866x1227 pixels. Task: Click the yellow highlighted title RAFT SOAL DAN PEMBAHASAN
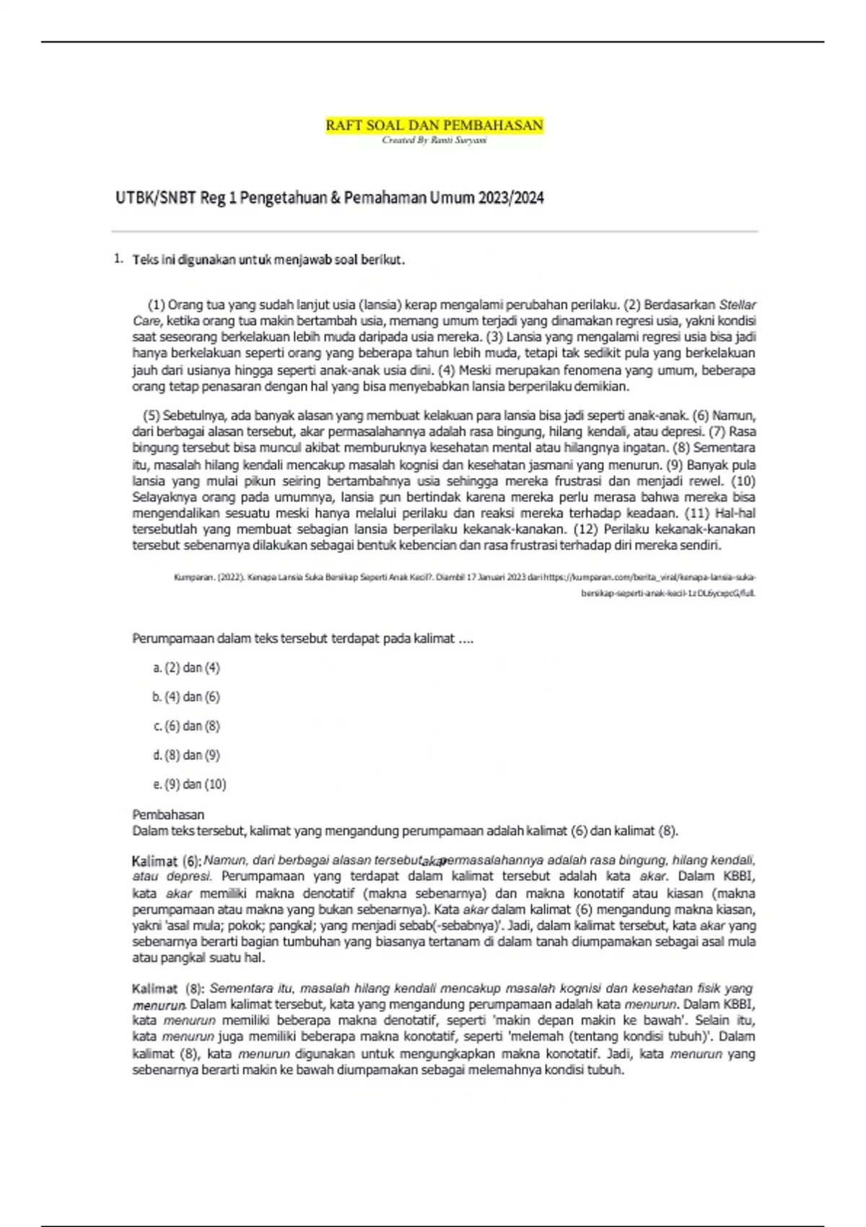click(434, 126)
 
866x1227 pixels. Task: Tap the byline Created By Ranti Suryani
click(434, 140)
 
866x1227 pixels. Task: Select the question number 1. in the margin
click(118, 259)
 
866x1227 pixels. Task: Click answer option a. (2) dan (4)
click(186, 668)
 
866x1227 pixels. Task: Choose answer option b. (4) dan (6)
click(186, 697)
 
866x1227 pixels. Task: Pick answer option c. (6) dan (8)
click(186, 726)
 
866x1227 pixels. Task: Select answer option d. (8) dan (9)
click(186, 755)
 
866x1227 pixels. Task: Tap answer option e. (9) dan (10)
click(190, 785)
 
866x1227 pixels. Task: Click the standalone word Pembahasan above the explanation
click(168, 815)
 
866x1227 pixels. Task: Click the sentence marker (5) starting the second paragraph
click(151, 416)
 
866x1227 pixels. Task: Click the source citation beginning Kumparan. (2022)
click(465, 578)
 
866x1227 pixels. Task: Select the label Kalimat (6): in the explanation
click(166, 861)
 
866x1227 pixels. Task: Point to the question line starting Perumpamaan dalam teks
click(302, 639)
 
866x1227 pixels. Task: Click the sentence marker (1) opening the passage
click(156, 305)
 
